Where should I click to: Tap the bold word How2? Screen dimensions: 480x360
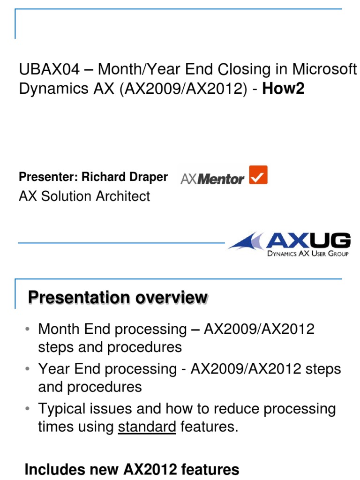(x=284, y=89)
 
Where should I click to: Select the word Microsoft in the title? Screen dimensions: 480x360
(x=324, y=70)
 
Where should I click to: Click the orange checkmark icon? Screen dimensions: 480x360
(x=258, y=175)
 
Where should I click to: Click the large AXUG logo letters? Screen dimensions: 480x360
(x=308, y=240)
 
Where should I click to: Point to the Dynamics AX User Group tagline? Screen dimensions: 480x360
(x=307, y=254)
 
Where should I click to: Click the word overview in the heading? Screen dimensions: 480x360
(x=170, y=298)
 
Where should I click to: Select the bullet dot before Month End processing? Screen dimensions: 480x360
(x=28, y=329)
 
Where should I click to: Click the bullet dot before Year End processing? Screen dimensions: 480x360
(x=28, y=369)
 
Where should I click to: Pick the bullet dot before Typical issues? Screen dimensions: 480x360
(x=28, y=409)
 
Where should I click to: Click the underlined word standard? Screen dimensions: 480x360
(x=147, y=427)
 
